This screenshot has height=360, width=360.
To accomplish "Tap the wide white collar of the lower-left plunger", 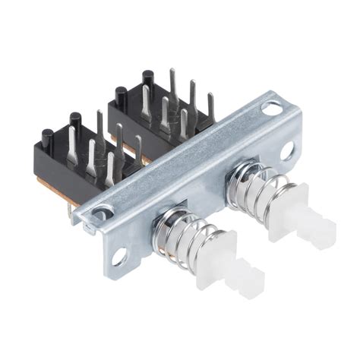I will click(215, 259).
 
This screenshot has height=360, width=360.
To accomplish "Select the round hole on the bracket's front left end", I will click(120, 258).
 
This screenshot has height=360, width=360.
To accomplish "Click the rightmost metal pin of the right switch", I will click(210, 106).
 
